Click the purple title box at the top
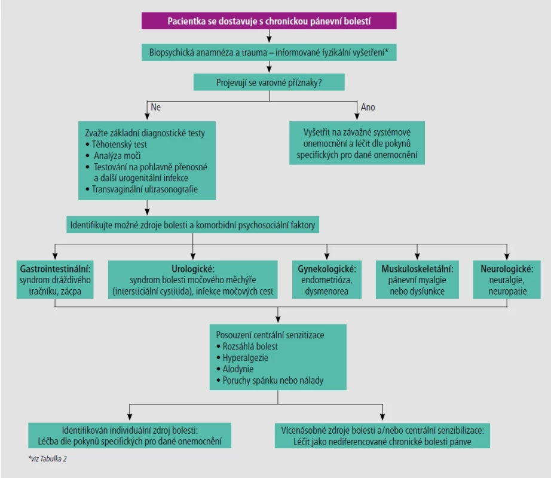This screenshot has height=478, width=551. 269,21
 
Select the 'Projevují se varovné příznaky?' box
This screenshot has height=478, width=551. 269,82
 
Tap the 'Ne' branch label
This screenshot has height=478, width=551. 155,107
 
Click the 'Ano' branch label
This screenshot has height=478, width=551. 368,107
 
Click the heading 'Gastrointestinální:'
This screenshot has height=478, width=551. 55,269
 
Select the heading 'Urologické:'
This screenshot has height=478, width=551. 193,269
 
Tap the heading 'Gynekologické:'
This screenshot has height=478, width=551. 327,269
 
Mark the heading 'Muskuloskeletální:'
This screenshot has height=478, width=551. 417,269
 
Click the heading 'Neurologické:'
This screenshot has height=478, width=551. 507,269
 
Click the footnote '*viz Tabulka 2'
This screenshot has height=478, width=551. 47,459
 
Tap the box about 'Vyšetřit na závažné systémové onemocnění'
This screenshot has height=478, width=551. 357,143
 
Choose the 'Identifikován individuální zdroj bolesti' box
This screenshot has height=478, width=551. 130,436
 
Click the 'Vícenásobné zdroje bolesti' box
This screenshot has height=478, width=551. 382,436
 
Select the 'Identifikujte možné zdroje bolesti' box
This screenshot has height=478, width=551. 192,225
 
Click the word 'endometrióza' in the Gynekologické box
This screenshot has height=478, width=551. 327,280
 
